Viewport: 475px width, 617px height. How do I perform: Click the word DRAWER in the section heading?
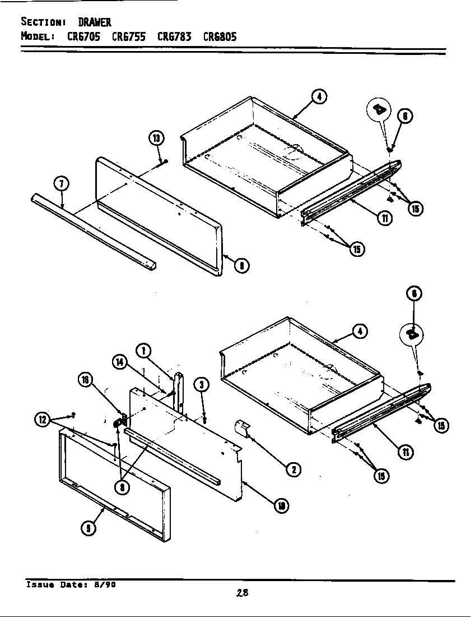[95, 22]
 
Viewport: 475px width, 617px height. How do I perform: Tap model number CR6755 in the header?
[129, 37]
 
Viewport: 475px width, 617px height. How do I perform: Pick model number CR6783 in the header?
[174, 37]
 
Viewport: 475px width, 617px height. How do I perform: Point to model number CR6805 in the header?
[220, 37]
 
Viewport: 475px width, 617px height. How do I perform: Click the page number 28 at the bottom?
[242, 592]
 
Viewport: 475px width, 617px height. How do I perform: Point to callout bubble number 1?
[144, 351]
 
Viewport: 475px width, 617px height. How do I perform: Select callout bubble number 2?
[292, 469]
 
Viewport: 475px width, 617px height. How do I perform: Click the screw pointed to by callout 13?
[166, 162]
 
